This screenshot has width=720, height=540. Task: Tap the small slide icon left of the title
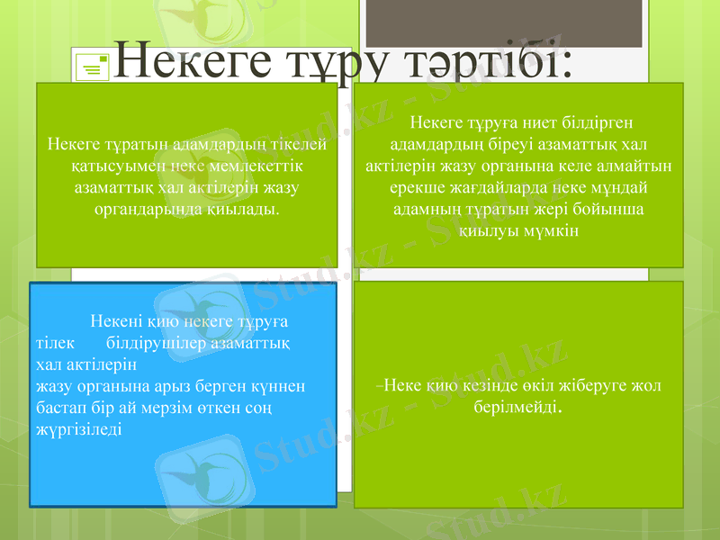93,66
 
